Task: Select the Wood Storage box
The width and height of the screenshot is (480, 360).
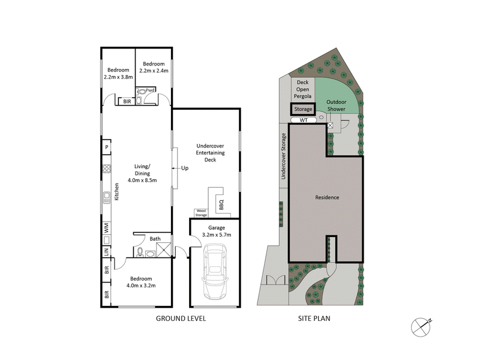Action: point(200,212)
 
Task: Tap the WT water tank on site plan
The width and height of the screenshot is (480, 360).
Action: point(304,120)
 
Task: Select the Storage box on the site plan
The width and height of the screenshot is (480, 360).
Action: point(303,109)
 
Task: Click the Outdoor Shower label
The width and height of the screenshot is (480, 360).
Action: point(339,106)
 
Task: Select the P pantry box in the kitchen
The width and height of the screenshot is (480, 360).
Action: point(106,147)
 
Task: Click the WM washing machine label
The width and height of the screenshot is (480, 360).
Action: point(107,229)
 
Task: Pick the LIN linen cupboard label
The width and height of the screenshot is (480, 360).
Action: point(107,252)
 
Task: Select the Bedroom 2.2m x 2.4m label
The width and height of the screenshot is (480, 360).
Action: point(154,67)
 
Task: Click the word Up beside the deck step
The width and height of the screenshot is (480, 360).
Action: point(184,168)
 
